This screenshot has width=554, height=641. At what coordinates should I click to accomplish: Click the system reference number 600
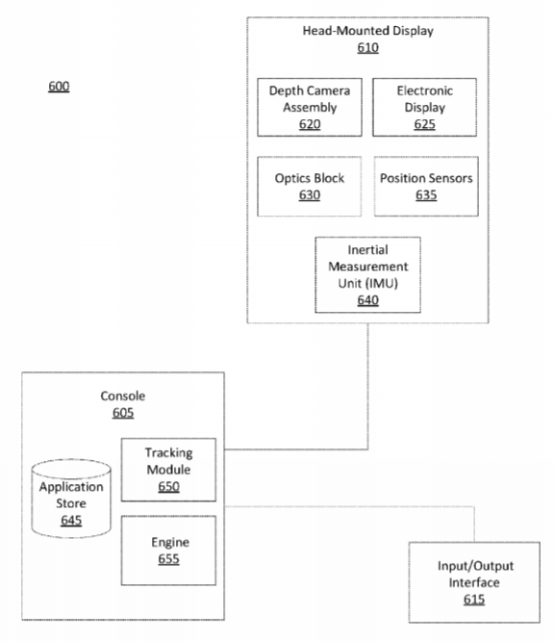[x=59, y=87]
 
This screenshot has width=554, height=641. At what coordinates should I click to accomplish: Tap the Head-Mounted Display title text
[x=367, y=31]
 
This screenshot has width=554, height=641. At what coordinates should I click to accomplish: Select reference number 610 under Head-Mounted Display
[x=367, y=48]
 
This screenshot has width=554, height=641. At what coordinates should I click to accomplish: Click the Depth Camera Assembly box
[x=310, y=107]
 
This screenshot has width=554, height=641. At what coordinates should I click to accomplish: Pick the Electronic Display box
[x=424, y=107]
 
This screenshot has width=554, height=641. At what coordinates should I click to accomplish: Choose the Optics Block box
[x=310, y=186]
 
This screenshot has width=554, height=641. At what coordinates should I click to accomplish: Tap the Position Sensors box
[x=426, y=186]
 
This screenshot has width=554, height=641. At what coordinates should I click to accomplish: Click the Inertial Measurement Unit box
[x=367, y=274]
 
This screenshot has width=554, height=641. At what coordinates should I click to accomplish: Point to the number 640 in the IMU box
[x=367, y=300]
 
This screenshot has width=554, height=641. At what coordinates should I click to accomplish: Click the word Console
[x=122, y=396]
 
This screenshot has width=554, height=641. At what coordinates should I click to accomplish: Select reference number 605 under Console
[x=122, y=413]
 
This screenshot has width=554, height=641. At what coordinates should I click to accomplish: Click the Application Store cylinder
[x=71, y=498]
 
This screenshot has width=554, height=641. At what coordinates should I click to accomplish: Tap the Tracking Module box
[x=168, y=470]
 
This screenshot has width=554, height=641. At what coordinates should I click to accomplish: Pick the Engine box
[x=168, y=551]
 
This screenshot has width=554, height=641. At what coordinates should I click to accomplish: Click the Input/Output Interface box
[x=474, y=582]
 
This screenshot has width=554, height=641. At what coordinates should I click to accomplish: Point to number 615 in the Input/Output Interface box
[x=474, y=600]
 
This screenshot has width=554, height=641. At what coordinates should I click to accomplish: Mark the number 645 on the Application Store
[x=71, y=521]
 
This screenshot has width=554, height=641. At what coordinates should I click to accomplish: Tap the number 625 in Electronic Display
[x=424, y=124]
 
